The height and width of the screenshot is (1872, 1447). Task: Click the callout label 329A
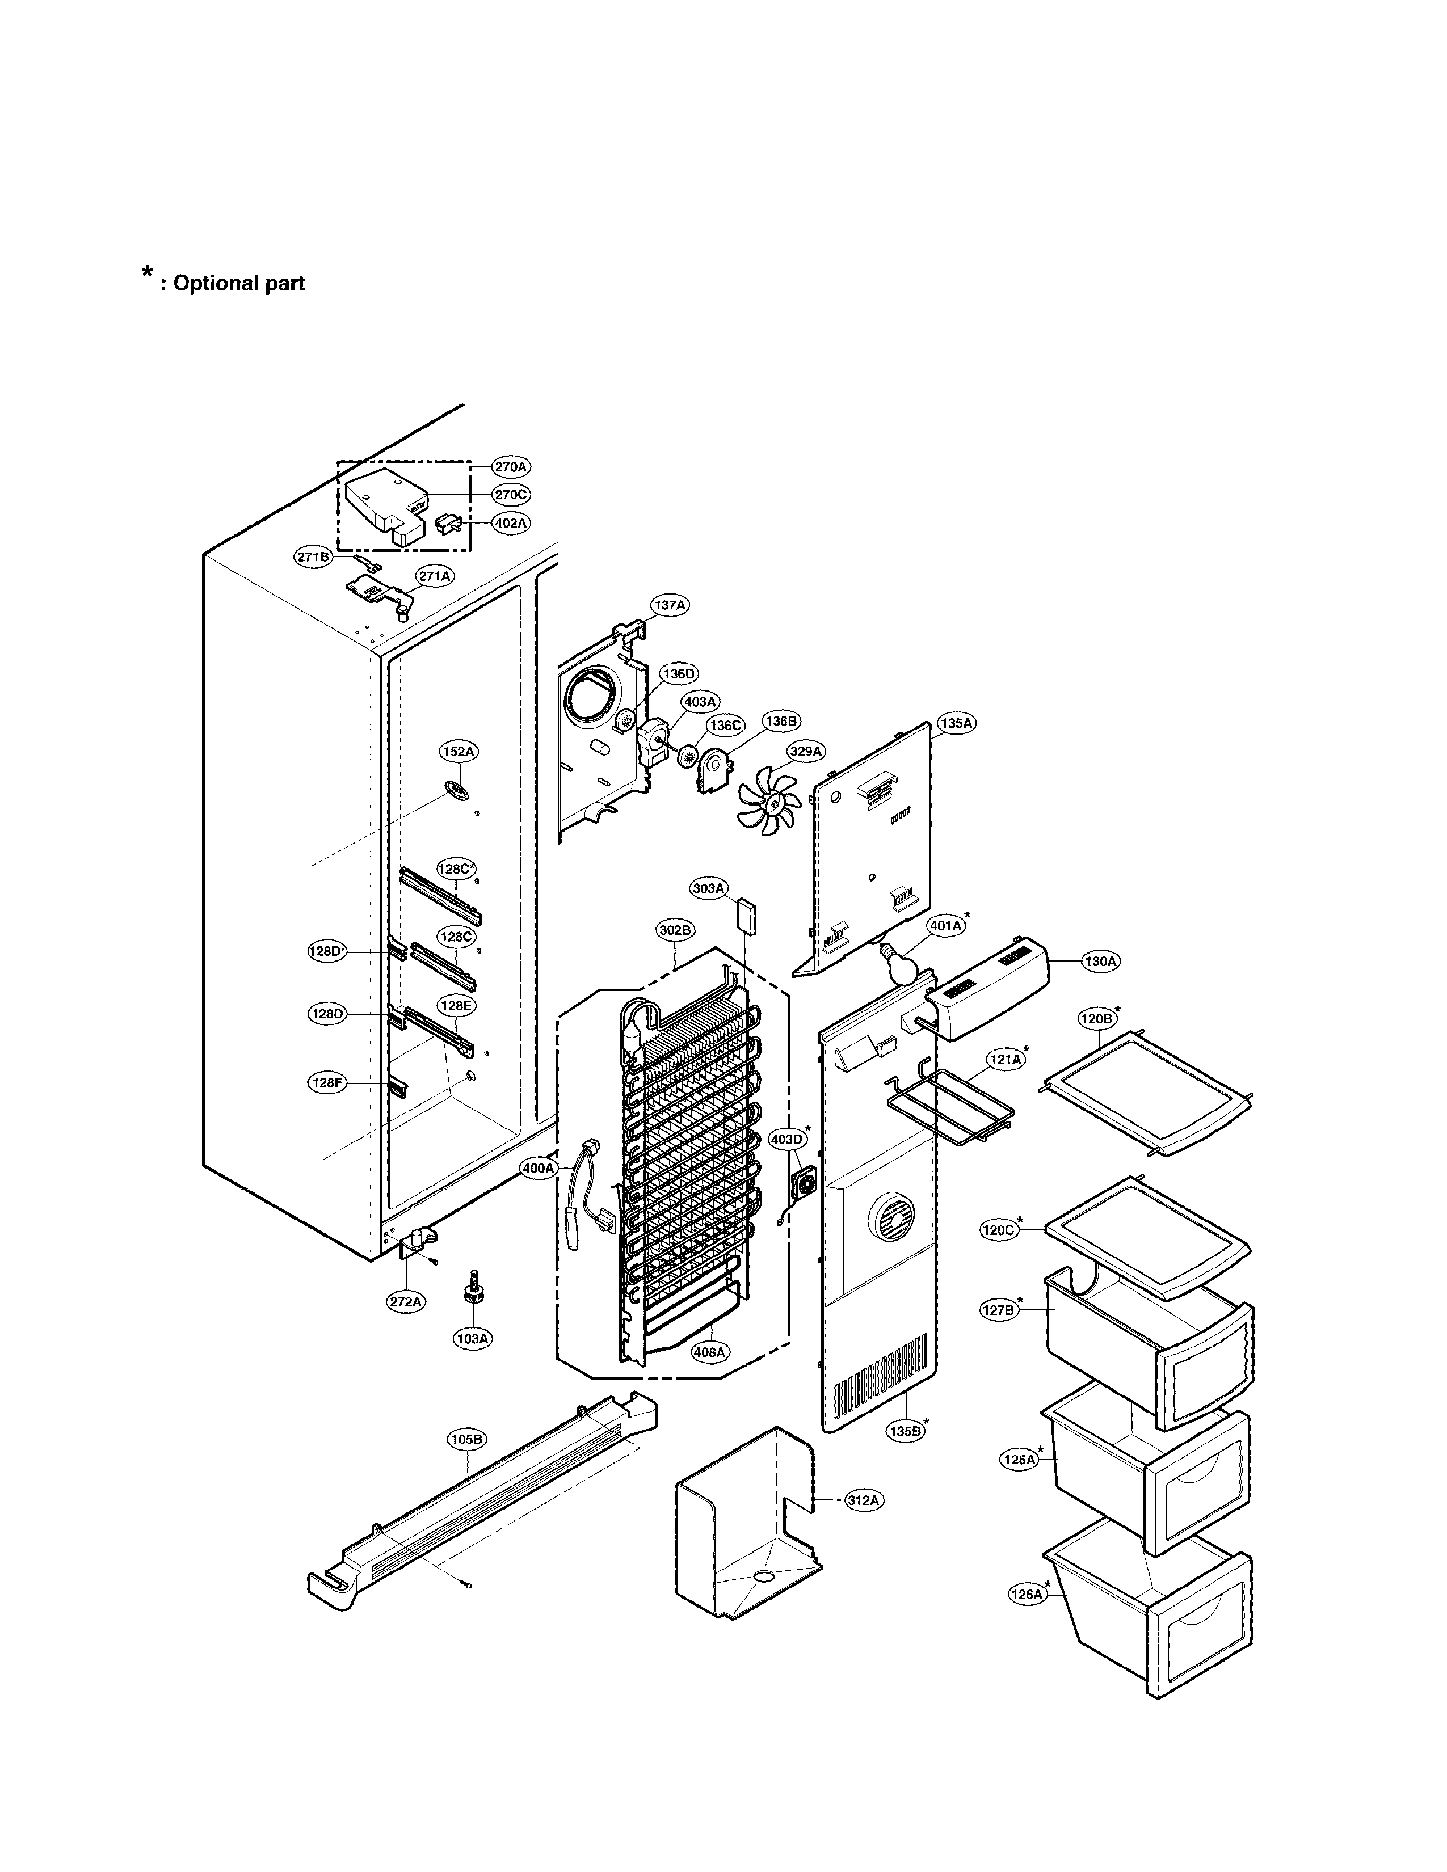coord(806,752)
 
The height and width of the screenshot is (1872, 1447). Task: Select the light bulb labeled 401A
coord(898,966)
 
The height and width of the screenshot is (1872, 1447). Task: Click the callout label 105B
coord(466,1439)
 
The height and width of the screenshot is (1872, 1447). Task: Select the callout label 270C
coord(511,495)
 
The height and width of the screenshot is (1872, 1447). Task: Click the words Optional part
coord(238,283)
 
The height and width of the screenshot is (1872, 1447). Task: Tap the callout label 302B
coord(675,930)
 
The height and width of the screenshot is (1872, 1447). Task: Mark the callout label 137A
coord(670,605)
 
